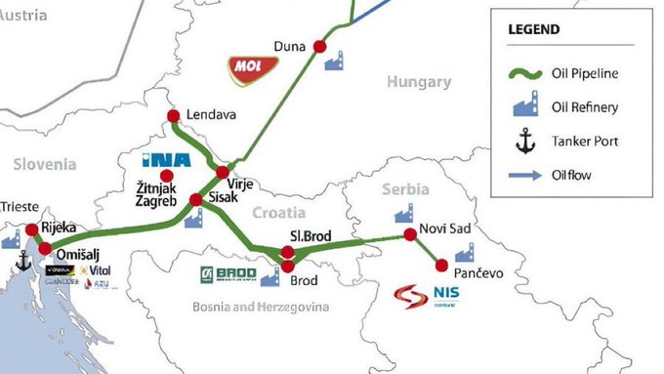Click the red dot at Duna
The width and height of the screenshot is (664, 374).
point(318,46)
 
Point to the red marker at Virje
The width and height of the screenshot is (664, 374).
point(223,174)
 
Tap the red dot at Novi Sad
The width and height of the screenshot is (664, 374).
point(410,236)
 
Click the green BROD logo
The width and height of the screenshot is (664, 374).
point(228,274)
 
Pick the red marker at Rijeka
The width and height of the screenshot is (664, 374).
point(33,230)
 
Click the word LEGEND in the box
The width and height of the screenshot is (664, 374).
point(534,29)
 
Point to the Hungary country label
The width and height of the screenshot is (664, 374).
point(419,82)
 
